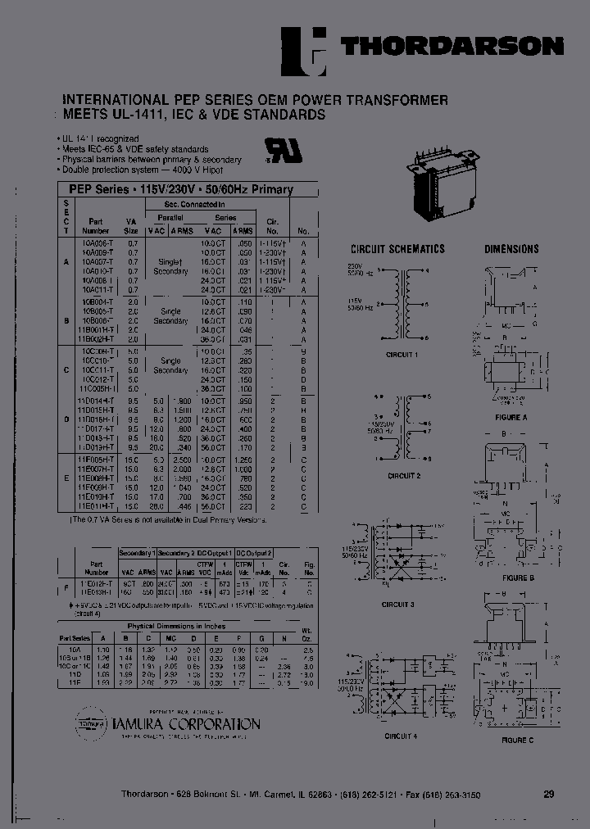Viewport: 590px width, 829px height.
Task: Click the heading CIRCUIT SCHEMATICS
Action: pyautogui.click(x=397, y=249)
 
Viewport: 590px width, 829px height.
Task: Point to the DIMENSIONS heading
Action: pyautogui.click(x=511, y=249)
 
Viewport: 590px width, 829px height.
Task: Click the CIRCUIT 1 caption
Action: pyautogui.click(x=402, y=355)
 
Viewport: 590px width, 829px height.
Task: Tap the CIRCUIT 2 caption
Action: pyautogui.click(x=404, y=475)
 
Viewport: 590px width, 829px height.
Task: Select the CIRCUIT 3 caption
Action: pyautogui.click(x=398, y=604)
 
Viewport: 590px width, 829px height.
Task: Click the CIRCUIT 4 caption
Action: pyautogui.click(x=401, y=736)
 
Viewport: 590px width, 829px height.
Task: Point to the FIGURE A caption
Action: pyautogui.click(x=511, y=416)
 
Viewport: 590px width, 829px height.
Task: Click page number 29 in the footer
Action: pyautogui.click(x=548, y=794)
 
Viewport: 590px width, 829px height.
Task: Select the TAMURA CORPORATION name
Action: pyautogui.click(x=191, y=724)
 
